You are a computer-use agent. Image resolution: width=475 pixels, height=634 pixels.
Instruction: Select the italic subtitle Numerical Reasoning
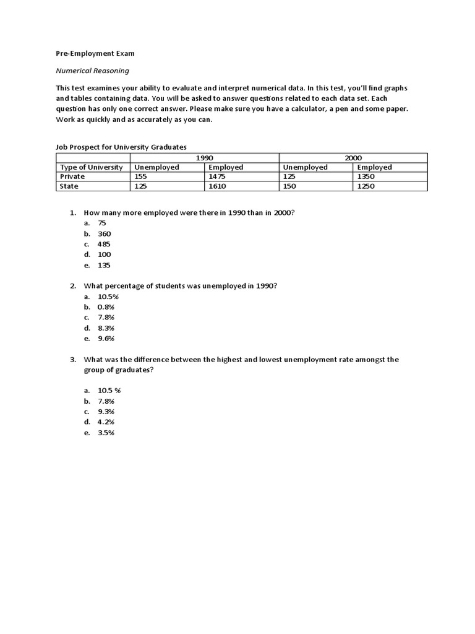pos(93,71)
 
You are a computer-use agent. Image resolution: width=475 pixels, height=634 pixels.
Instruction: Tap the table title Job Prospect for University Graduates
pos(121,147)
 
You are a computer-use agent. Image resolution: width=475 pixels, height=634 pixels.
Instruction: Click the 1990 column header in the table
pos(205,158)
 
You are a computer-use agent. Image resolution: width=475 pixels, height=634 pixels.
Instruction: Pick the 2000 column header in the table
pos(353,158)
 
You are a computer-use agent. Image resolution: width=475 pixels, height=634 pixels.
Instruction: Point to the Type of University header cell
pos(91,167)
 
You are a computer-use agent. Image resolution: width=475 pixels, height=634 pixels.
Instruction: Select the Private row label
pos(72,176)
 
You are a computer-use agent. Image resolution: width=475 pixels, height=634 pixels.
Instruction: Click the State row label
pos(69,186)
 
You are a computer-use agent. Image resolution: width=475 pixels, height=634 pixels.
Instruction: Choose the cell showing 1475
pos(217,176)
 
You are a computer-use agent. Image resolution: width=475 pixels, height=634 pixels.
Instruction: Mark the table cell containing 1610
pos(217,186)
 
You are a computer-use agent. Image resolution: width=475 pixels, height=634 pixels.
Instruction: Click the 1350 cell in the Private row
pos(367,176)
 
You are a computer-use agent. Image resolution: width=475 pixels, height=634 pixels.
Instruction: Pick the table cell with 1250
pos(367,186)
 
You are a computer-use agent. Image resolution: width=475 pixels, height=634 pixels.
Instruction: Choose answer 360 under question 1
pos(104,233)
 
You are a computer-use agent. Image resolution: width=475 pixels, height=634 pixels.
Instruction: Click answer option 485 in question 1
pos(104,244)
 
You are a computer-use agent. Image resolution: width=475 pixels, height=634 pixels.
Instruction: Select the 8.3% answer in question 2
pos(106,328)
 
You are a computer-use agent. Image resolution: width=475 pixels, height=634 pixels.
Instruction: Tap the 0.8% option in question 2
pos(106,307)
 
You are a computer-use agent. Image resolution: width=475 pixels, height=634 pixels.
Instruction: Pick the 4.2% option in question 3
pos(106,422)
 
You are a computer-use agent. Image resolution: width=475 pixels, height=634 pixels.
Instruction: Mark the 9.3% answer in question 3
pos(106,412)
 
